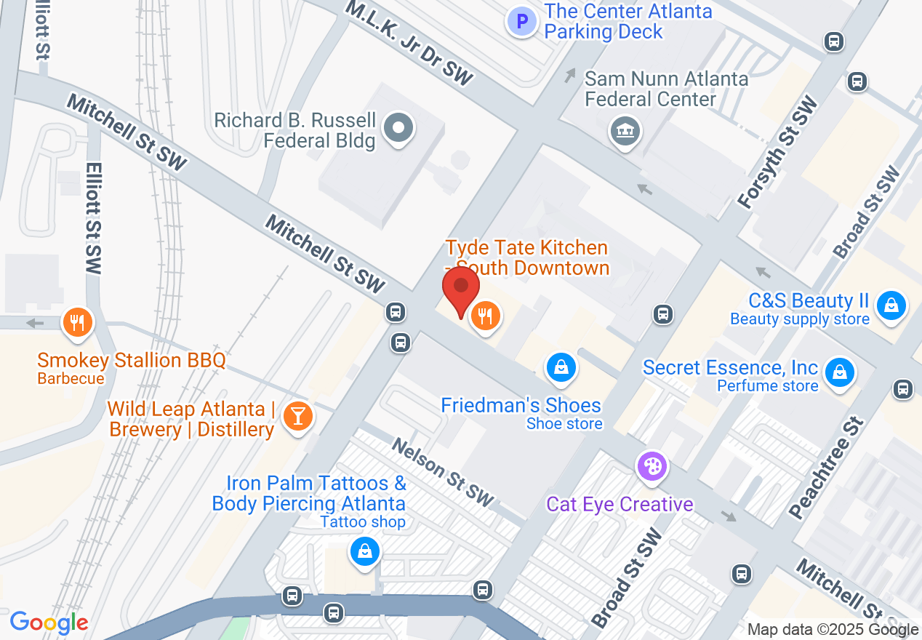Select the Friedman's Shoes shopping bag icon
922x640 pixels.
pyautogui.click(x=561, y=368)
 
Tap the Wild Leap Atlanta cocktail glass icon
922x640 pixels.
pyautogui.click(x=297, y=416)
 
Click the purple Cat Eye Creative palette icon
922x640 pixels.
pyautogui.click(x=652, y=466)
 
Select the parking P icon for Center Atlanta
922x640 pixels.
pyautogui.click(x=521, y=22)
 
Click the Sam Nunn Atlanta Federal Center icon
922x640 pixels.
pyautogui.click(x=625, y=132)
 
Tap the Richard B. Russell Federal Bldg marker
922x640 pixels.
pyautogui.click(x=398, y=129)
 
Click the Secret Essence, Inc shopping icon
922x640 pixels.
pyautogui.click(x=840, y=372)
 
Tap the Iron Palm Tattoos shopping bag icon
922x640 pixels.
pyautogui.click(x=365, y=552)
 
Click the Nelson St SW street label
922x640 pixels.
pyautogui.click(x=442, y=473)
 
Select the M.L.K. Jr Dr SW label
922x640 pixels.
pyautogui.click(x=409, y=43)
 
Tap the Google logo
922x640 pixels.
pyautogui.click(x=49, y=623)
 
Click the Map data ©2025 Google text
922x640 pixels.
pyautogui.click(x=833, y=630)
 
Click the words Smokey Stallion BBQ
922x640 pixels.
pyautogui.click(x=132, y=360)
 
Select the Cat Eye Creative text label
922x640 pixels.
pyautogui.click(x=620, y=504)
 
